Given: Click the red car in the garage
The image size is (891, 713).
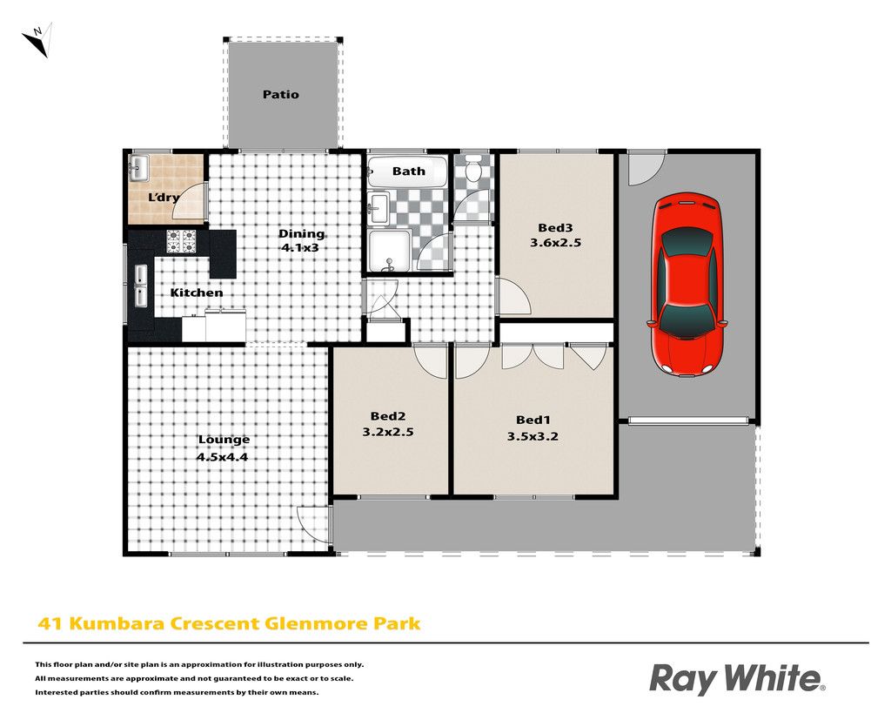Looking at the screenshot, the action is (x=687, y=285).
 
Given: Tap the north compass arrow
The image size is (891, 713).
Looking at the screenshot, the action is (x=38, y=39).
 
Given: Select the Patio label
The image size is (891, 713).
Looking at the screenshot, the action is (x=281, y=94).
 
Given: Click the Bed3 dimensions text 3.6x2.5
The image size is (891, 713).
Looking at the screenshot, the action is (x=555, y=243).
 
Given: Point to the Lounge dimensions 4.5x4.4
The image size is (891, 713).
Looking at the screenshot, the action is (x=222, y=457).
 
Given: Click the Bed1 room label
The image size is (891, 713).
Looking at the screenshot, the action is (x=533, y=420).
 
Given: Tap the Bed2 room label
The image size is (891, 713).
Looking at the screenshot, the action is (x=387, y=417).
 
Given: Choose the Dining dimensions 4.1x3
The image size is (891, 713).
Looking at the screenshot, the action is (x=300, y=248).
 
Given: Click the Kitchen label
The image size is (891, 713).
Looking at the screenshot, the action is (x=197, y=293).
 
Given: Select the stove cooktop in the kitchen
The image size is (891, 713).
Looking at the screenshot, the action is (x=181, y=241).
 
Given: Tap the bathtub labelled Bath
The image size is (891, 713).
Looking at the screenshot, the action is (x=408, y=172).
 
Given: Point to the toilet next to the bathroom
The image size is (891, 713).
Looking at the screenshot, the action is (x=472, y=168).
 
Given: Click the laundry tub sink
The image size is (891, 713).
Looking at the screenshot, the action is (x=138, y=168).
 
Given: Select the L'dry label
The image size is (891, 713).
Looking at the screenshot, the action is (x=164, y=198).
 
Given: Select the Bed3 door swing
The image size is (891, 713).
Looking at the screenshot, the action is (x=514, y=296).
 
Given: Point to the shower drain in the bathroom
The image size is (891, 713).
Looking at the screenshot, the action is (x=389, y=264).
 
